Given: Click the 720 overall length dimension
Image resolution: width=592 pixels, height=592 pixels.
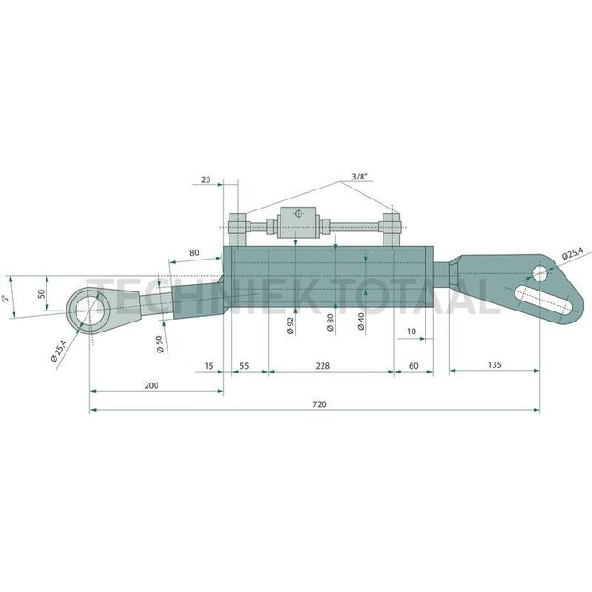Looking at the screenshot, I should pos(319,403).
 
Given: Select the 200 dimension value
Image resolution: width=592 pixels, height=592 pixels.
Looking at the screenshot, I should pos(151,385).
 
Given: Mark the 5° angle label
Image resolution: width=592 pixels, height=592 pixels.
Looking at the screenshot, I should pos(7,299).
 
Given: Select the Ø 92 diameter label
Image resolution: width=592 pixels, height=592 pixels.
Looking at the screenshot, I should pos(291,324).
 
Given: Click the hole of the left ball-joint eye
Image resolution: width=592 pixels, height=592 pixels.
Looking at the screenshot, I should pos(90,306).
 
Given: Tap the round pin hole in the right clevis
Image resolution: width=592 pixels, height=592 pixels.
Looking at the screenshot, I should pos(540,272).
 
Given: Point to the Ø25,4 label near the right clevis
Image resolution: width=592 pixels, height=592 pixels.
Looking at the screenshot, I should pos(573,254).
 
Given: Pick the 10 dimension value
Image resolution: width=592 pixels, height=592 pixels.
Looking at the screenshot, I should pos(412,331).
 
